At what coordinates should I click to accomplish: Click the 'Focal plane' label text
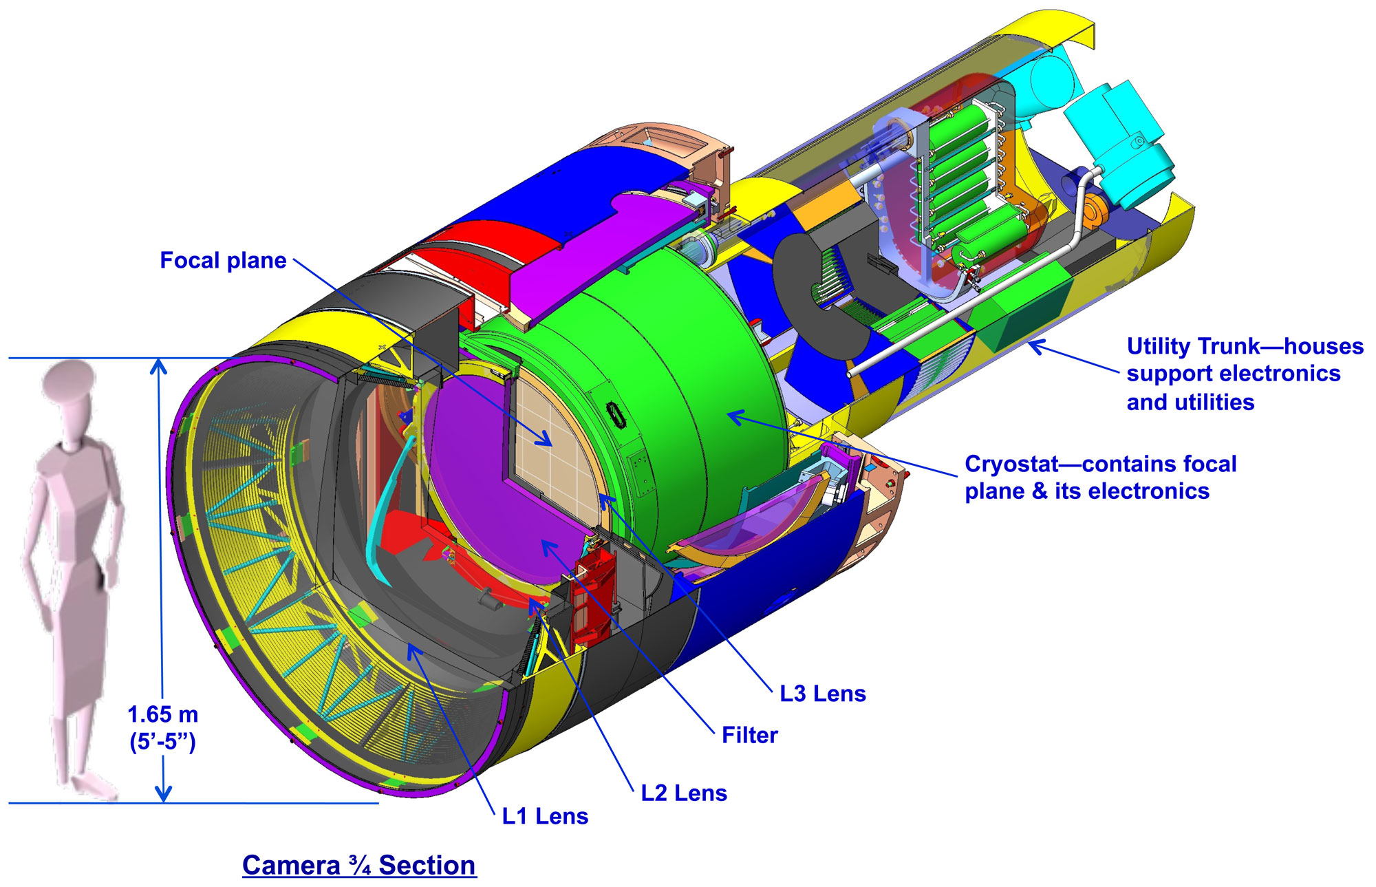223,261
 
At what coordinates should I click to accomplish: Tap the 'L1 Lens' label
545,816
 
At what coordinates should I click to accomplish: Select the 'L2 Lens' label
684,793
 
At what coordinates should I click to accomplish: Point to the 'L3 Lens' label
822,694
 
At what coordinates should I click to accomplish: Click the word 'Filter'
749,735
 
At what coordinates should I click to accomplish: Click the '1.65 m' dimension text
163,715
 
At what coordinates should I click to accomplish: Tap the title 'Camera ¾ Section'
358,865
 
